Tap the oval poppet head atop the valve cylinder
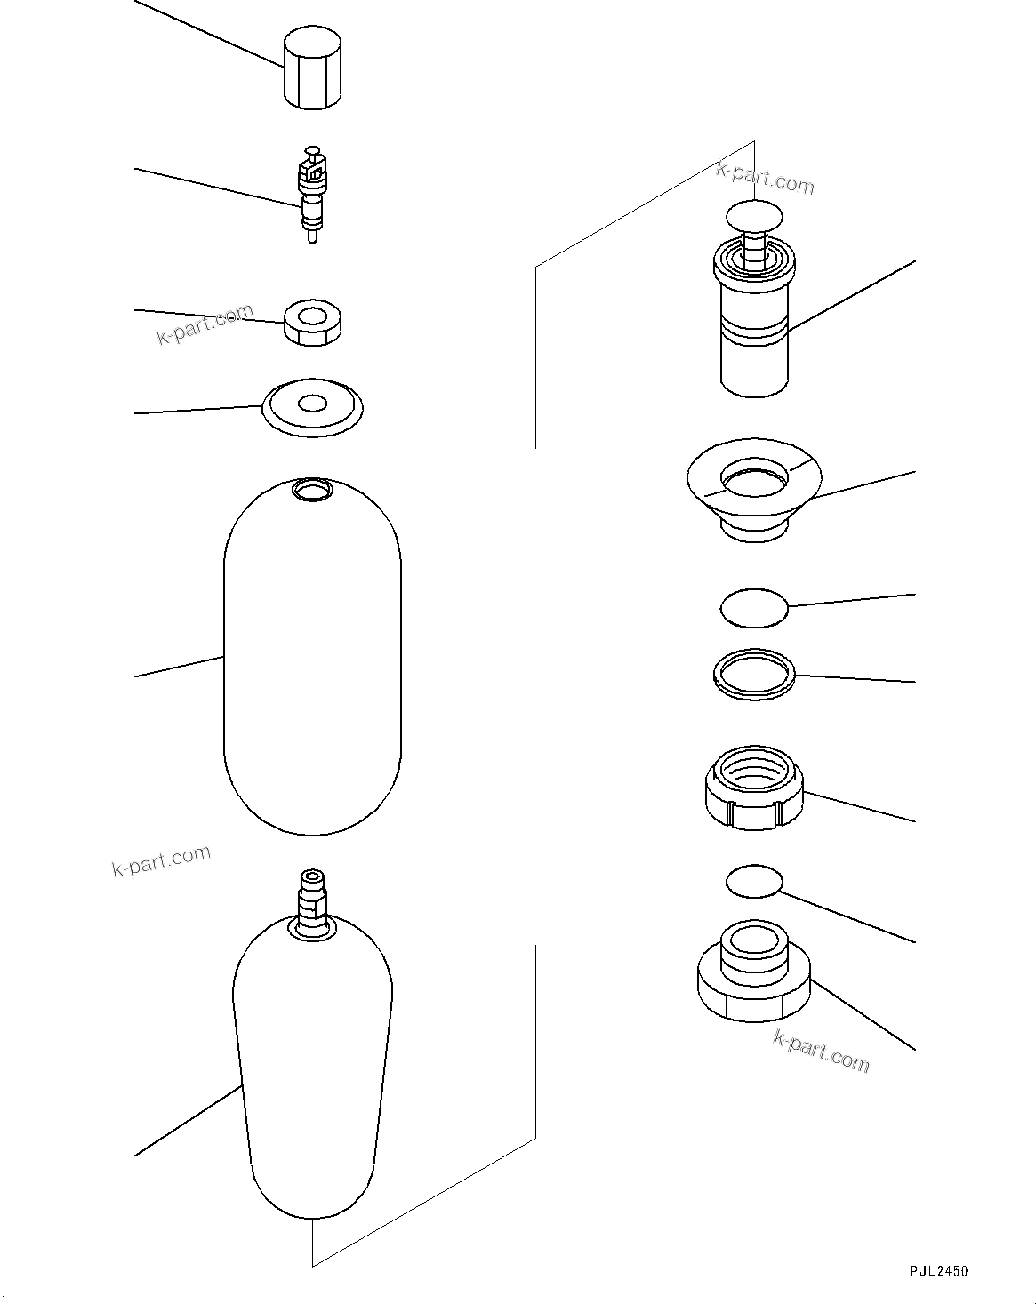click(x=754, y=215)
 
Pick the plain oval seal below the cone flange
click(x=754, y=607)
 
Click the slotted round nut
click(x=754, y=789)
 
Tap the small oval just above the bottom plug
click(x=754, y=881)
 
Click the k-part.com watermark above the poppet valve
click(x=765, y=178)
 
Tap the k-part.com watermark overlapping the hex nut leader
click(x=205, y=326)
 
